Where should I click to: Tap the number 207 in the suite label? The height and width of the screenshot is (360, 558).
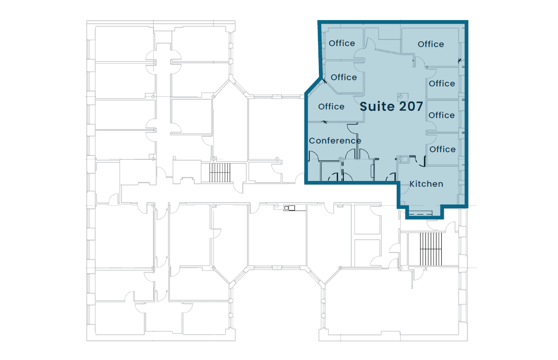point(411,107)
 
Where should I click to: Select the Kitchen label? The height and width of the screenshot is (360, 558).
point(426,184)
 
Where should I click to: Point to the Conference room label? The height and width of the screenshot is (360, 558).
point(335,141)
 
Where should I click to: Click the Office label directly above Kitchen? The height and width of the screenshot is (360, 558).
point(442,149)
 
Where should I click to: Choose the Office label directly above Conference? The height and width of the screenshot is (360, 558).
point(331,107)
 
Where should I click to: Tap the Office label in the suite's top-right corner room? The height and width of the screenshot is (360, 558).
point(431,44)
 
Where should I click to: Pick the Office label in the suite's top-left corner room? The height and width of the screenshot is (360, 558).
point(341,43)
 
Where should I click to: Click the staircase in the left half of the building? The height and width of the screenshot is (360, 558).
point(219,172)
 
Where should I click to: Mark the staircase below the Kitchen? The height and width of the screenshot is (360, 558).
point(431,249)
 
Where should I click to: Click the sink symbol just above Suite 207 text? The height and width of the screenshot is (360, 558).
point(402,96)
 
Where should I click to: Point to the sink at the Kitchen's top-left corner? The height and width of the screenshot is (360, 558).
point(402,159)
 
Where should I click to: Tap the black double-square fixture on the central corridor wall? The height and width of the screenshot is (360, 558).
point(289,208)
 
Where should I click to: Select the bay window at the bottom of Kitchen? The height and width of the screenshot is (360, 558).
point(420,214)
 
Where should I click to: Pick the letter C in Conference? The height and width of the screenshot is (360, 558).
point(312,141)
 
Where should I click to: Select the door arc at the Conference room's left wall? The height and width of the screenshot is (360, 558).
point(314,156)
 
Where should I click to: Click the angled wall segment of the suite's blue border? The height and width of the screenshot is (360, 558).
point(313,86)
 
